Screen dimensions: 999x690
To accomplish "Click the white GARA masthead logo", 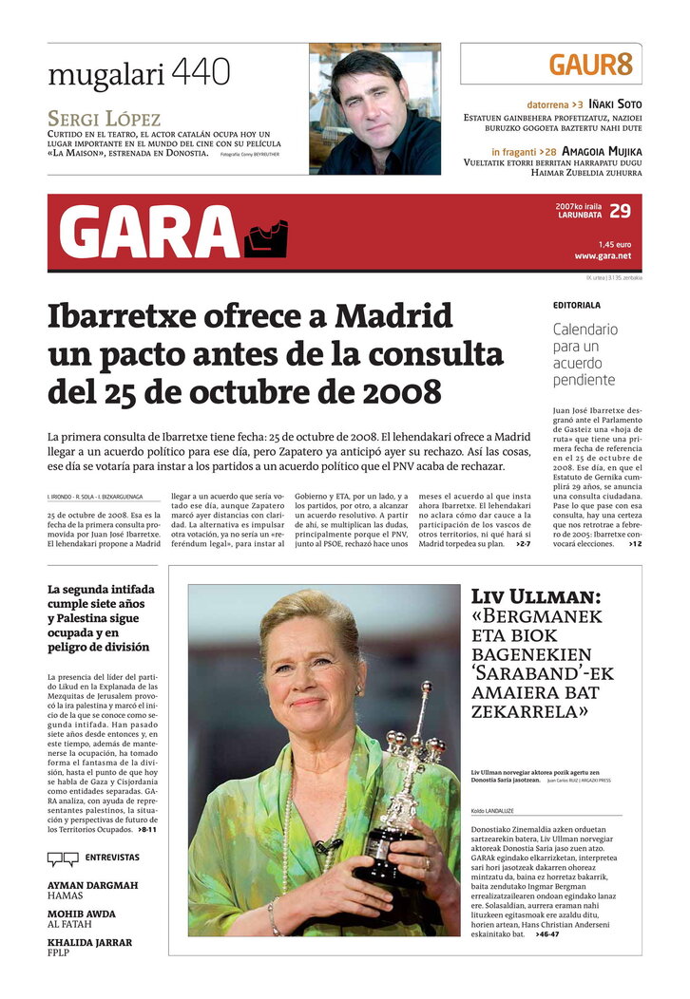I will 149,233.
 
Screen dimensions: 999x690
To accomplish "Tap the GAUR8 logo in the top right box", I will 590,65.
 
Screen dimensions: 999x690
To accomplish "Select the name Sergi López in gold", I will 105,120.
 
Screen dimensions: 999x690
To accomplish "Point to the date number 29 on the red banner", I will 620,211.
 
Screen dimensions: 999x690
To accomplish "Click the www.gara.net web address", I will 603,255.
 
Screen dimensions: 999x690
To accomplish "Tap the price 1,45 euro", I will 614,244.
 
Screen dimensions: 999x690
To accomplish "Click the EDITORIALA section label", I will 577,306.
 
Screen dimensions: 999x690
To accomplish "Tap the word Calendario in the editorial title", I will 585,330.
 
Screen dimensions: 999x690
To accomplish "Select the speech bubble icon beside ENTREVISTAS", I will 63,858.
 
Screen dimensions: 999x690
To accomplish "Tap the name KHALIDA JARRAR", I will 89,943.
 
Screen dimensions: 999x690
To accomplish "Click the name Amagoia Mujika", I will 602,151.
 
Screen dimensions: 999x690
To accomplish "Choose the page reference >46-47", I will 546,934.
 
